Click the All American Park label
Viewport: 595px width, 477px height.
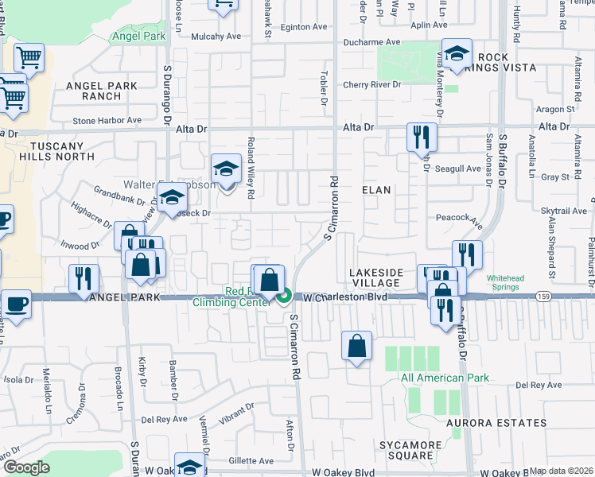coord(445,378)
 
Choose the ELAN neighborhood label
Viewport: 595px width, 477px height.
coord(375,190)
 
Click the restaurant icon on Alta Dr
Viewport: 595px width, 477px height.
coord(422,137)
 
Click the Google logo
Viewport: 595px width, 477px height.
coord(26,467)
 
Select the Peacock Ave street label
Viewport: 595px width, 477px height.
coord(459,217)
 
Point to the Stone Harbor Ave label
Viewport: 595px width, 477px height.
coord(107,121)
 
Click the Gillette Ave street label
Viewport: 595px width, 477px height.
coord(251,461)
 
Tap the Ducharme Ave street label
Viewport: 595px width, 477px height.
coord(371,42)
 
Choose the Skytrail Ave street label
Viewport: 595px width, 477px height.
coord(563,211)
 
